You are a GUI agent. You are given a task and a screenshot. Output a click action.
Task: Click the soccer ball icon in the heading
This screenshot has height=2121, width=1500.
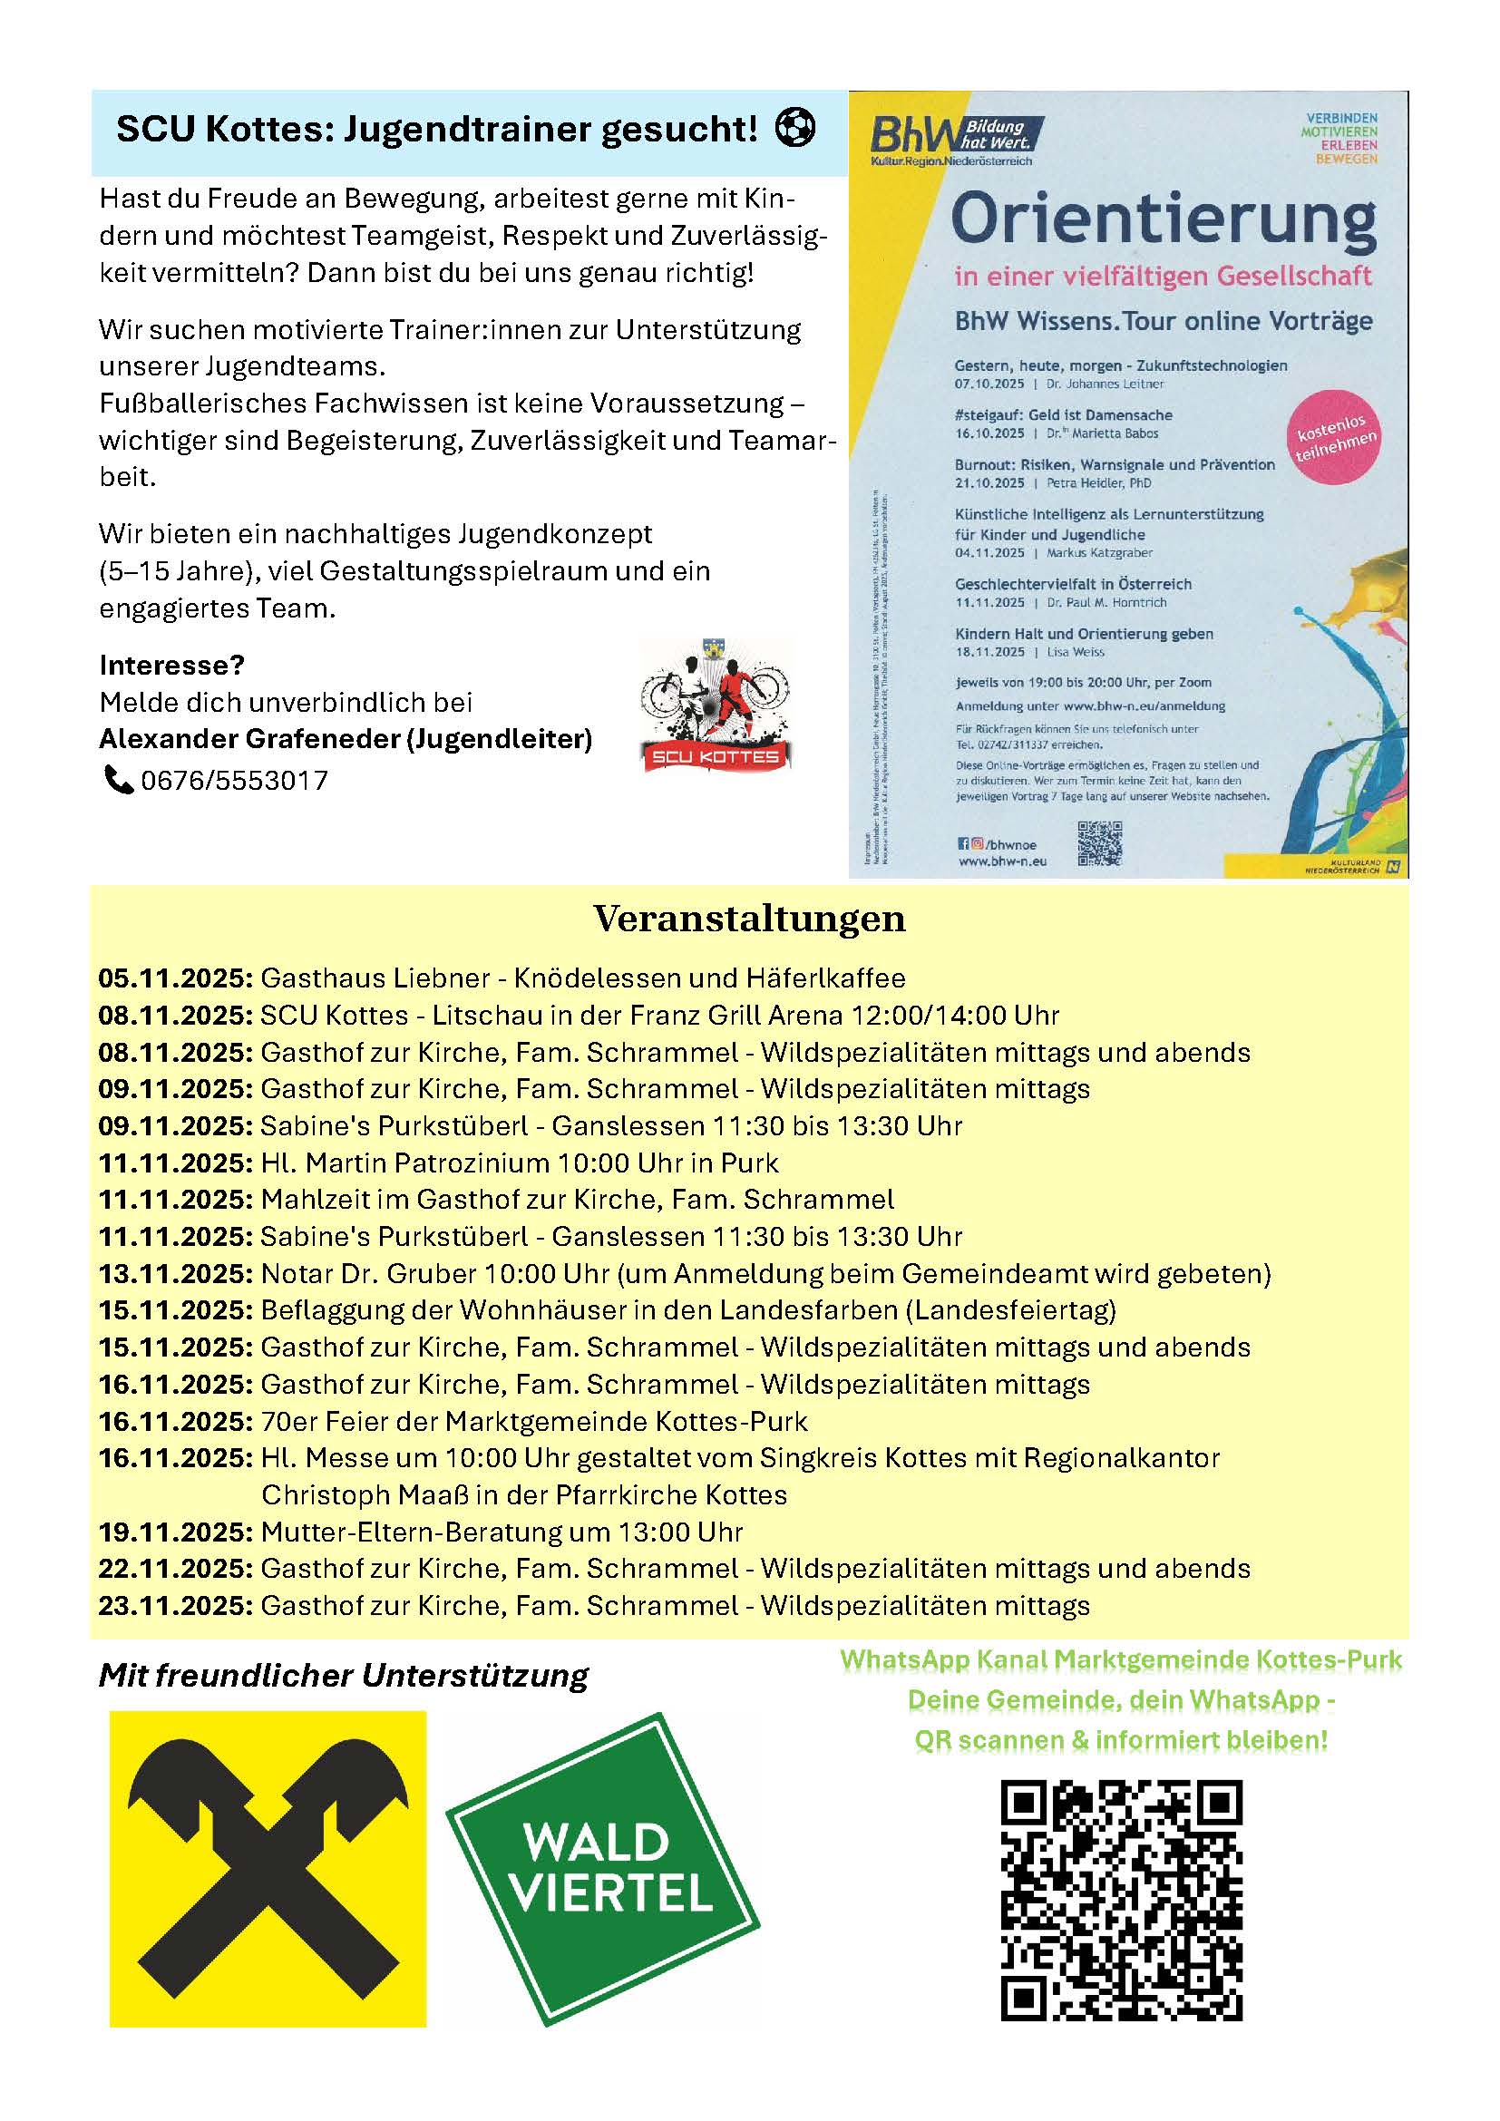(795, 128)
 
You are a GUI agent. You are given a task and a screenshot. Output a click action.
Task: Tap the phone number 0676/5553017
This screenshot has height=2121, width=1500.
(234, 781)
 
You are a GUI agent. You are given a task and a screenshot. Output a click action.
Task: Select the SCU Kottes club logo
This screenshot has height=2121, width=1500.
(716, 704)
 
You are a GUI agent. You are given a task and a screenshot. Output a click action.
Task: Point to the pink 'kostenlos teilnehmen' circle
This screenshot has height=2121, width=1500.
(1335, 440)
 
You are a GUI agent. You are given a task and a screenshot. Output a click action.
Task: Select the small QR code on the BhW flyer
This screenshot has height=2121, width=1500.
(1099, 843)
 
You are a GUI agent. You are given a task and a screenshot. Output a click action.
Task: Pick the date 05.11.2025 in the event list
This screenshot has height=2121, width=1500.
(174, 978)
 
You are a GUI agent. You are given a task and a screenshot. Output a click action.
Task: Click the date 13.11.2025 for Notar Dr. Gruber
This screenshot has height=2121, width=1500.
(174, 1274)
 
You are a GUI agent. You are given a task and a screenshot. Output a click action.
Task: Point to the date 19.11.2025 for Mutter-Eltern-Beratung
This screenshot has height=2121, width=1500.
(174, 1532)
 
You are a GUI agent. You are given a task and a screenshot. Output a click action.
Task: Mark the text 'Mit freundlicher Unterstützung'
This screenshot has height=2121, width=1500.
(344, 1676)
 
